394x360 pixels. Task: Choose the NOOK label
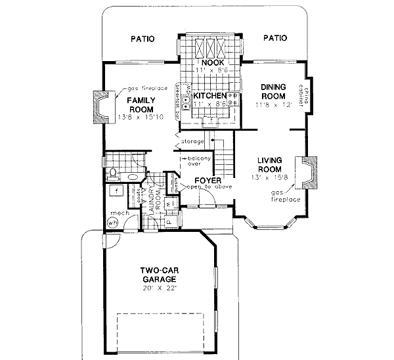coord(210,62)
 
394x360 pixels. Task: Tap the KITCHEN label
coord(210,96)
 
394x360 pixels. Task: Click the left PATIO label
coord(142,39)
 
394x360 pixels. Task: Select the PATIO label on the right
coord(274,39)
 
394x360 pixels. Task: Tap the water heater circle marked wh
coord(112,223)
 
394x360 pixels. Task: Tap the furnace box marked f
coord(116,191)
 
